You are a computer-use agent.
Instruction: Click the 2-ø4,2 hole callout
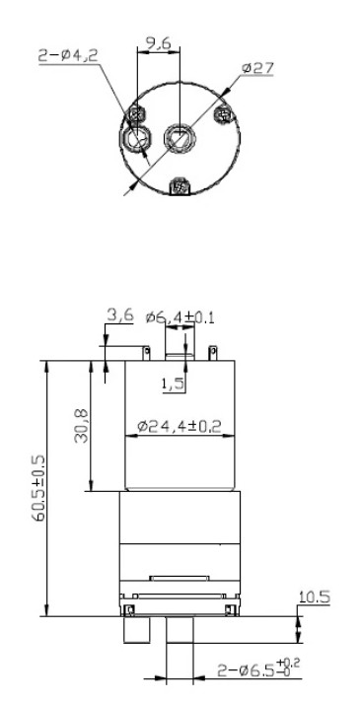pos(68,55)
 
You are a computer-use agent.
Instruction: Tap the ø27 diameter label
pos(257,68)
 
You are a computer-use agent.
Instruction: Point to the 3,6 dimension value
pos(120,315)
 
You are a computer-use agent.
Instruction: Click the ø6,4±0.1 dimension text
pos(180,317)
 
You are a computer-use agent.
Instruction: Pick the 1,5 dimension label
pos(173,385)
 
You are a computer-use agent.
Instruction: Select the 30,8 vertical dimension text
pos(82,425)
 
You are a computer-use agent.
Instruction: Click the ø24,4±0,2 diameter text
pos(180,426)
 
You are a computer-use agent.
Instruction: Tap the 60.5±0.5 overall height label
pos(38,488)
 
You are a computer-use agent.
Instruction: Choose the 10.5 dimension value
pos(315,597)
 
